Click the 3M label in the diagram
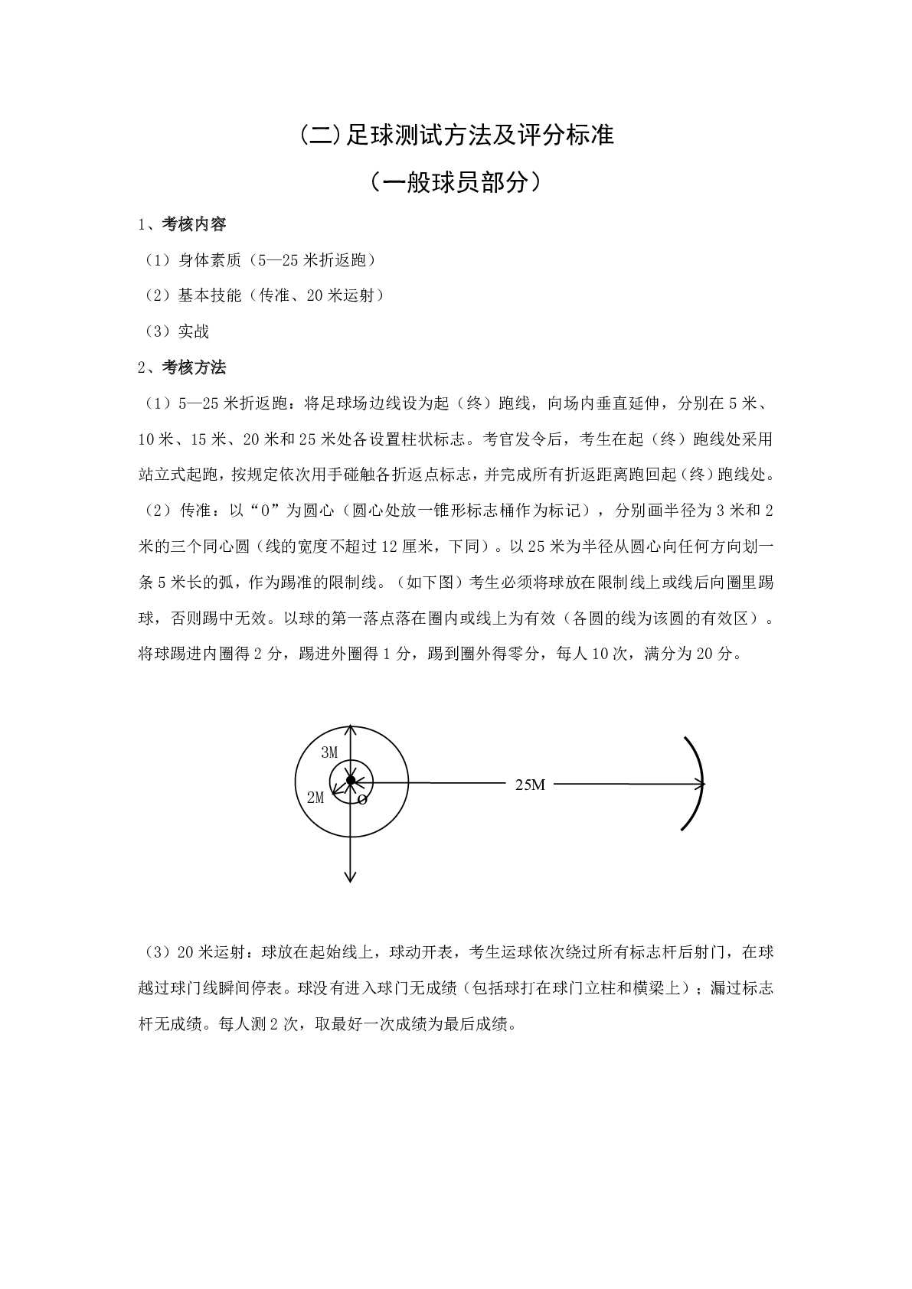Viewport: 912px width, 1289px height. pyautogui.click(x=329, y=752)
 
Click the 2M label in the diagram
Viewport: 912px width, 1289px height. pyautogui.click(x=315, y=798)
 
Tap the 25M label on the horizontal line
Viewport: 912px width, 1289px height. pyautogui.click(x=530, y=785)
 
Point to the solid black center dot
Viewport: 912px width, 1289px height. pyautogui.click(x=351, y=781)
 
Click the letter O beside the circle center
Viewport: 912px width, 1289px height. pyautogui.click(x=362, y=800)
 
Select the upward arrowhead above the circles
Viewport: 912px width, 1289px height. pyautogui.click(x=350, y=730)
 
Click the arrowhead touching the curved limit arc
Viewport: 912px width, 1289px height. pyautogui.click(x=698, y=783)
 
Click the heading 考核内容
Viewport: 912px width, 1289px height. pyautogui.click(x=194, y=224)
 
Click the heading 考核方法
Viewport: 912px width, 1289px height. pyautogui.click(x=194, y=367)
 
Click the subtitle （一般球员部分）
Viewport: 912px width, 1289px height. pyautogui.click(x=456, y=182)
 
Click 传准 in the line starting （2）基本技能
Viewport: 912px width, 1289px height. pyautogui.click(x=274, y=295)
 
